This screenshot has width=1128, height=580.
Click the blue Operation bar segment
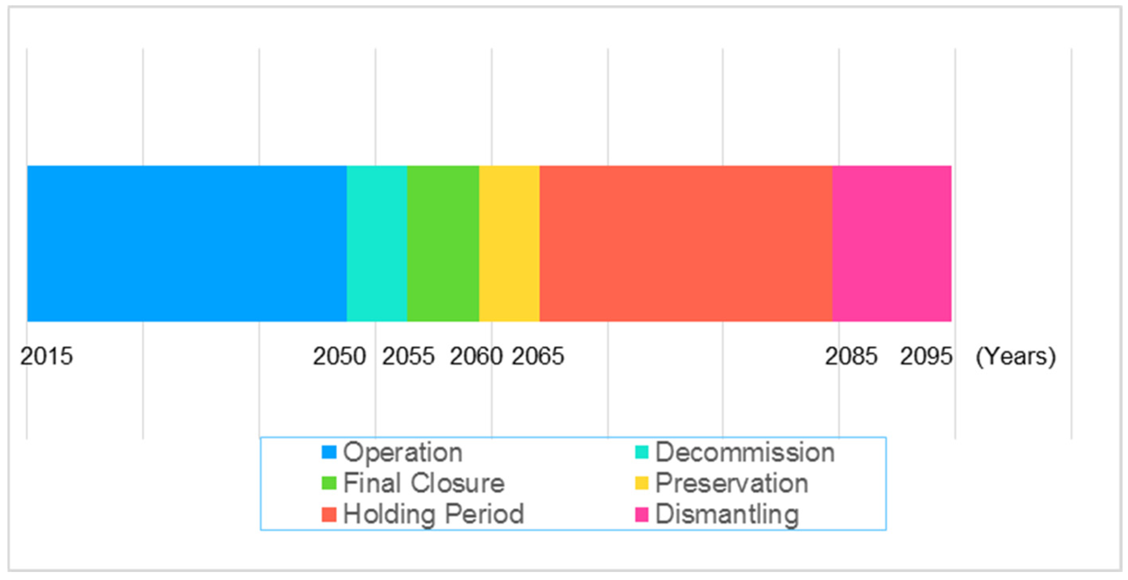tap(187, 243)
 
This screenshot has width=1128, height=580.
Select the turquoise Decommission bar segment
tap(377, 243)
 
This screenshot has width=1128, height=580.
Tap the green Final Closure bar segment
tap(443, 243)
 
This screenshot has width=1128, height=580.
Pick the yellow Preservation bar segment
tap(509, 243)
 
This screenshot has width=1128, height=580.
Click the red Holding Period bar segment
tap(686, 243)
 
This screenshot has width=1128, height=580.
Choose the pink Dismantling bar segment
tap(891, 243)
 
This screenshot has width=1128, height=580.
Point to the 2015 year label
tap(47, 356)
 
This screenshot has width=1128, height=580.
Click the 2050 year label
tap(339, 356)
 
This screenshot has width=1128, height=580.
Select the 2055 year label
tap(408, 356)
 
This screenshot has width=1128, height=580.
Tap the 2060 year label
tap(476, 356)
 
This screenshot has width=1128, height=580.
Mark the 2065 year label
tap(538, 356)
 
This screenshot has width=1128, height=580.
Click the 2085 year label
tap(851, 356)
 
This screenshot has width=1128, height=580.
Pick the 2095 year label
tap(926, 356)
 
